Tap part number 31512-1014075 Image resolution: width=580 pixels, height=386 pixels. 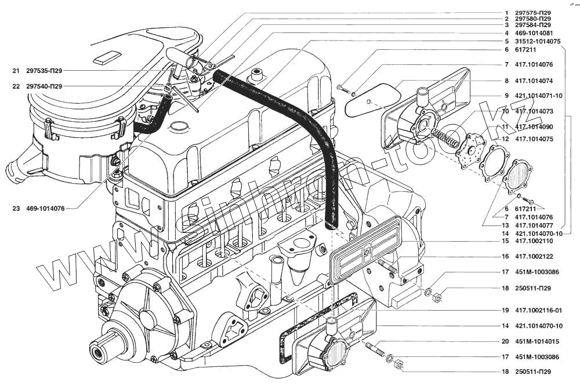coord(536,42)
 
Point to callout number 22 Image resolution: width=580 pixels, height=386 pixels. coord(15,86)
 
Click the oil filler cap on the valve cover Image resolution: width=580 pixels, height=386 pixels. coord(255,75)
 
